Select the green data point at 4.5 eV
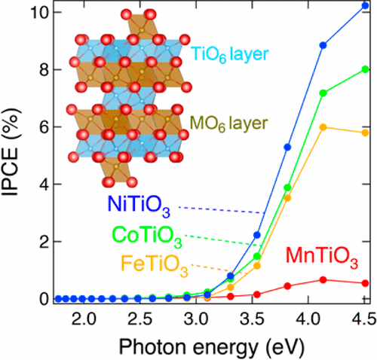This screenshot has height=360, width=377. [365, 69]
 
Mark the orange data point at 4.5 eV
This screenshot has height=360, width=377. [365, 133]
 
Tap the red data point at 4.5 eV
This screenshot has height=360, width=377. [365, 283]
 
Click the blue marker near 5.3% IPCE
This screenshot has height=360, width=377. [287, 147]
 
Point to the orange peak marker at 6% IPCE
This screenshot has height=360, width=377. [323, 127]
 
